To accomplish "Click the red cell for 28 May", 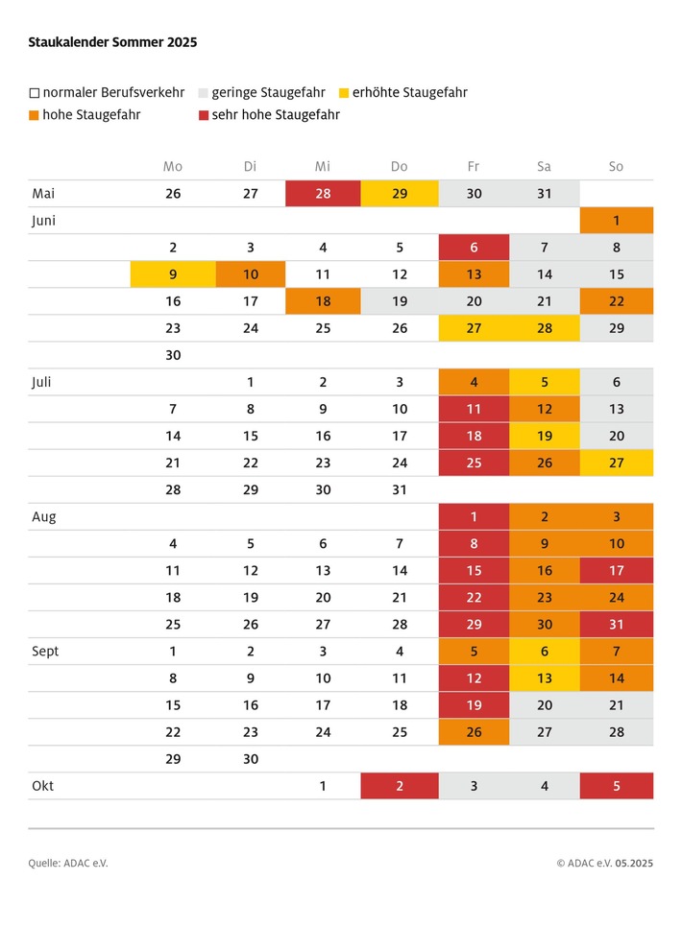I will [323, 193].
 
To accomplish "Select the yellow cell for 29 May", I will [400, 193].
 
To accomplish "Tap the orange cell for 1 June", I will [616, 220].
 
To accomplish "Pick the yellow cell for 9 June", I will [173, 273].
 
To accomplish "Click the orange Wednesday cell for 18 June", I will [323, 300].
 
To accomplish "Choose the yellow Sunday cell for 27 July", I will [616, 463].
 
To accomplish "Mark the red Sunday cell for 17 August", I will [616, 570].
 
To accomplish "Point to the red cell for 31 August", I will [616, 624].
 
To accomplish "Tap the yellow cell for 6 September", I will [545, 651].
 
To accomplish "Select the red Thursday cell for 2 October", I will [400, 786].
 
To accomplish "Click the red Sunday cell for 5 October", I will [616, 786].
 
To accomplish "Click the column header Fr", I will [474, 166].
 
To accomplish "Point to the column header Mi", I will [323, 166].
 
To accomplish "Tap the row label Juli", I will [43, 382].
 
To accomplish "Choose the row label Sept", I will [45, 651].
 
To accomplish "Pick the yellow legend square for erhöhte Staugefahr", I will [344, 93].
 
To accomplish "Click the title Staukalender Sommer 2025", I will [113, 42].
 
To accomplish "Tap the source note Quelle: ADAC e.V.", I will [68, 863].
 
